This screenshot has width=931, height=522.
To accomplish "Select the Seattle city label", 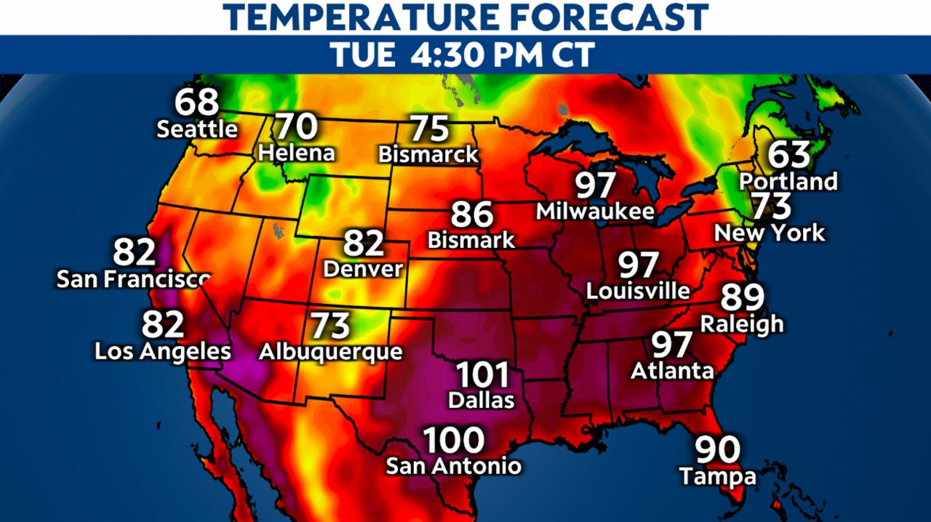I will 197,129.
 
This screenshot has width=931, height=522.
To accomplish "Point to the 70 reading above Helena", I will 297,127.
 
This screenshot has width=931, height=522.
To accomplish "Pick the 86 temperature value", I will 472,214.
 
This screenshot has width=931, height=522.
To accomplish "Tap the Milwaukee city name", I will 596,212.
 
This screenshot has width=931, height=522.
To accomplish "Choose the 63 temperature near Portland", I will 789,155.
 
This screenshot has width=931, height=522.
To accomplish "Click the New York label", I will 770,233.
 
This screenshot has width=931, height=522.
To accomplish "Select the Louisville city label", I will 639,291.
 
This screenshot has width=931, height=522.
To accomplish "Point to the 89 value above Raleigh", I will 743,297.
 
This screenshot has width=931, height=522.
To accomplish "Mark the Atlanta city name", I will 672,371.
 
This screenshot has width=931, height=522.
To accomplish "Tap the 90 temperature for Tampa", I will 717,451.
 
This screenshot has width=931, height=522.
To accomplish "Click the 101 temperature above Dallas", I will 482,376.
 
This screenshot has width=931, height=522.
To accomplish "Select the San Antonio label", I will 453,466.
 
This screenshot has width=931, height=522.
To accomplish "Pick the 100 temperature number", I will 454,440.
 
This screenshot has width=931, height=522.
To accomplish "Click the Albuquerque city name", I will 330,352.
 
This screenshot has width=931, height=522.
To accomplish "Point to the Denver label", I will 363,269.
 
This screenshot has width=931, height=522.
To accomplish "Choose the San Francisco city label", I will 134,278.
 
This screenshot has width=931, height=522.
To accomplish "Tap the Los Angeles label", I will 163,352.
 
